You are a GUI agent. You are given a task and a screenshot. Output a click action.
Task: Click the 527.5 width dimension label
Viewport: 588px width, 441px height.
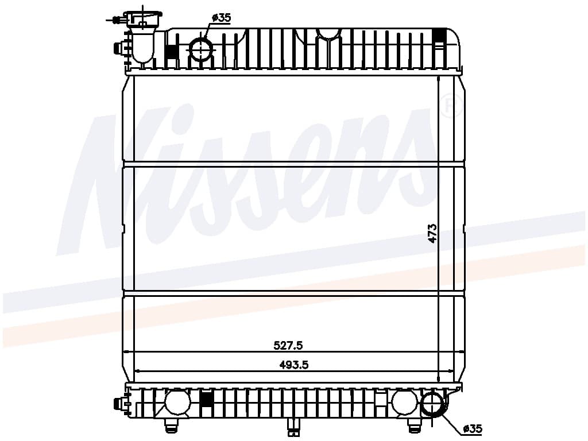coord(288,345)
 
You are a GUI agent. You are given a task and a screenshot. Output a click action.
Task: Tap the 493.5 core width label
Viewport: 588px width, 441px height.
coord(294,365)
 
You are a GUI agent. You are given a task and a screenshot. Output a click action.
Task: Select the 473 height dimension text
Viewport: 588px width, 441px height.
coord(432,233)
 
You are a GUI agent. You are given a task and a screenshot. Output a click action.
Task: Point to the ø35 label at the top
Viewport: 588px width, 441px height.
coord(221,18)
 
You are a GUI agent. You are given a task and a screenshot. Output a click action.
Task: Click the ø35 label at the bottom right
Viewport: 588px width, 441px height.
coord(473,428)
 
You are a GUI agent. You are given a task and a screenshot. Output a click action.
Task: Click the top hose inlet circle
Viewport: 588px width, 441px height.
coord(202,49)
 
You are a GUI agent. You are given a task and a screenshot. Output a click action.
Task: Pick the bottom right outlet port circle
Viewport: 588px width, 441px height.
coord(433,405)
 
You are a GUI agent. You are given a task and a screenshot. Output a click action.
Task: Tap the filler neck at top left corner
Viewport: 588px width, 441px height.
coord(142,37)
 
